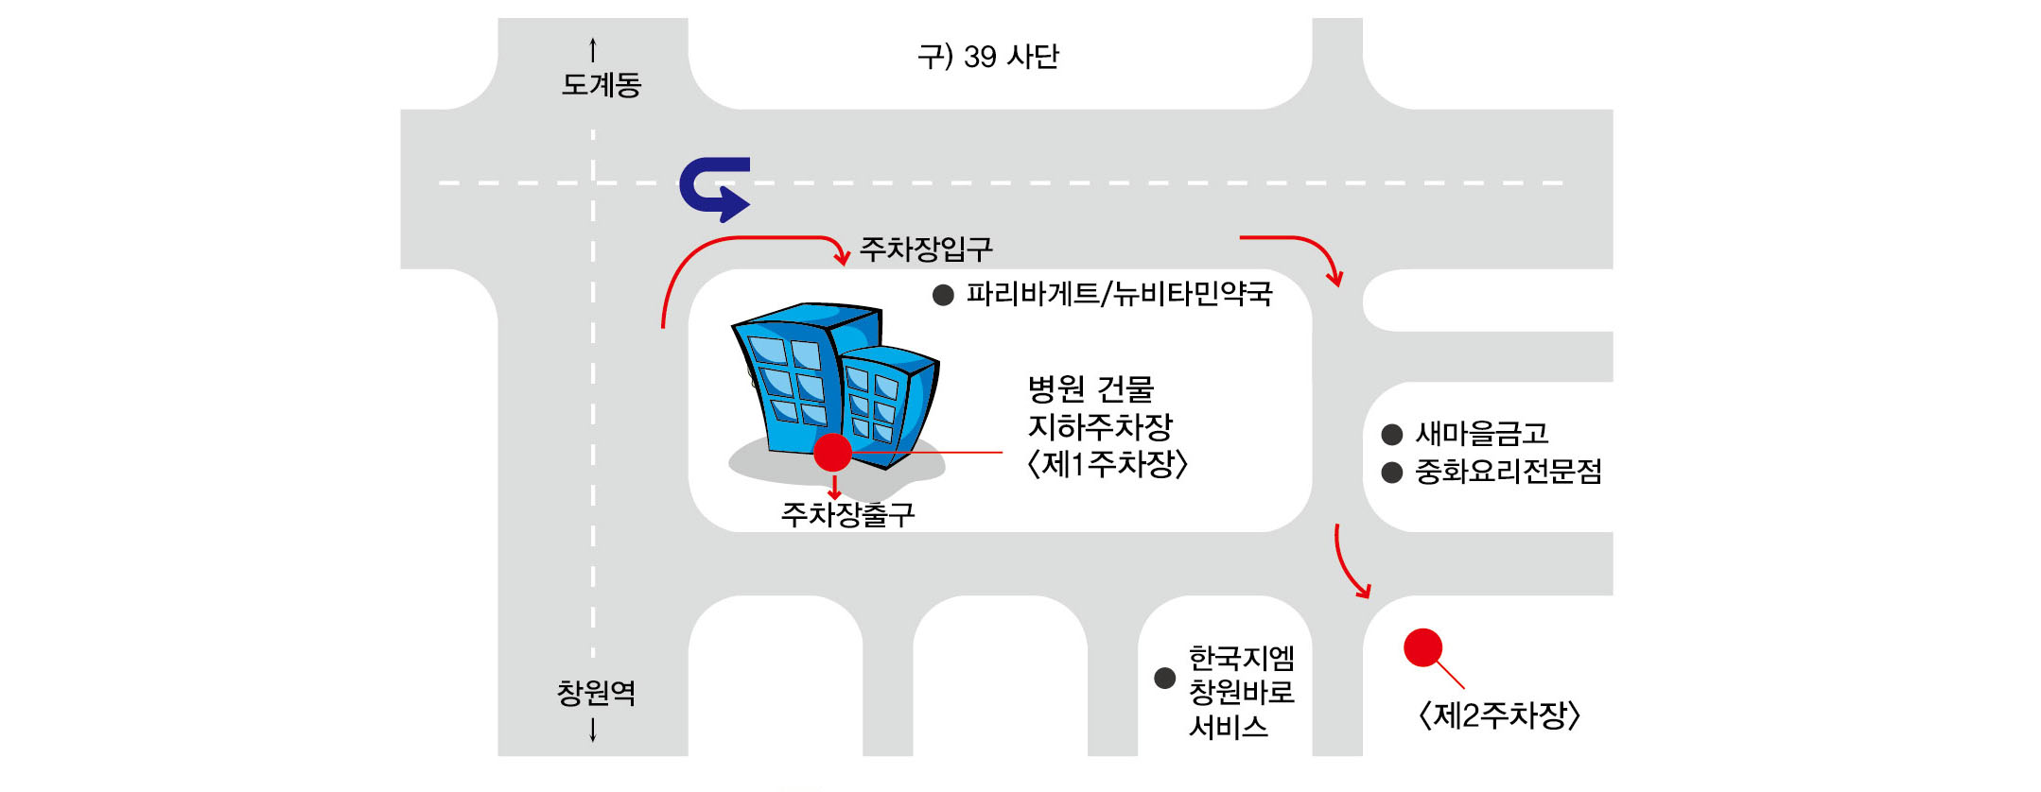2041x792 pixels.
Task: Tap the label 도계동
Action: coord(602,85)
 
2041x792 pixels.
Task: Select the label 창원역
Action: coord(596,693)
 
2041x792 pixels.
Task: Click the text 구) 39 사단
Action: coord(988,57)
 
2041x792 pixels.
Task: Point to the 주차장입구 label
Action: coord(926,250)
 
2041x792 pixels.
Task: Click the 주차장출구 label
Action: coord(847,515)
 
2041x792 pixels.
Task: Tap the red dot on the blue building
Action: coord(832,453)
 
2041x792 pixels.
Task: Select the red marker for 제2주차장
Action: coord(1422,648)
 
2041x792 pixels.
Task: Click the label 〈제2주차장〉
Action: coord(1499,715)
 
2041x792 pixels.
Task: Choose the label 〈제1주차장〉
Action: coord(1107,464)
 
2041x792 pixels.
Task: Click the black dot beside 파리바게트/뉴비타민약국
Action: coord(943,296)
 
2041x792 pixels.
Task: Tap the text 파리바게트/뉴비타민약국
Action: coord(1119,294)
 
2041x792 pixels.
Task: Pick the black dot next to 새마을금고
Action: coord(1391,435)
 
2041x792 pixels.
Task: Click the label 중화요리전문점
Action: coord(1508,472)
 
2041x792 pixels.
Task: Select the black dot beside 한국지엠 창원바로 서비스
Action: coord(1165,678)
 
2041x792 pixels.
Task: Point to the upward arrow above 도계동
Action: coord(593,49)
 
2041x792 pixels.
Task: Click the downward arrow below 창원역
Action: coord(593,730)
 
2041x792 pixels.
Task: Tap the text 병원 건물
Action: coord(1090,388)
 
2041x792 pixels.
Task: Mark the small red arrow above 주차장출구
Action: coord(834,489)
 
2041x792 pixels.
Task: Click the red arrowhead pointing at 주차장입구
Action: coord(841,257)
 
